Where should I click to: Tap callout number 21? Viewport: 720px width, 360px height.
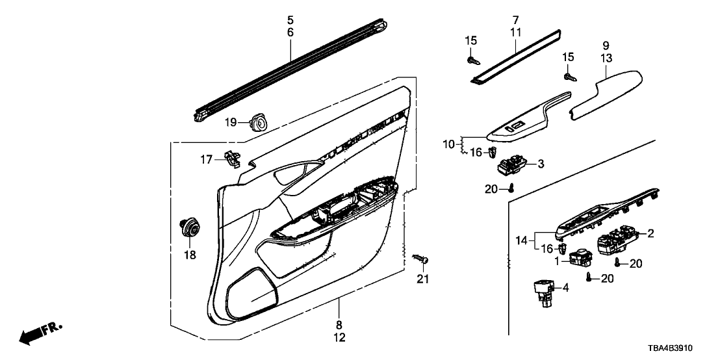[x=424, y=279]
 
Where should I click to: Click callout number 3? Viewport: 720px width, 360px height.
[x=541, y=164]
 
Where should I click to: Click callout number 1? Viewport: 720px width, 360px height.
[x=557, y=261]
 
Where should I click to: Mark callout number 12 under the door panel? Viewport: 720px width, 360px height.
[x=339, y=337]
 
